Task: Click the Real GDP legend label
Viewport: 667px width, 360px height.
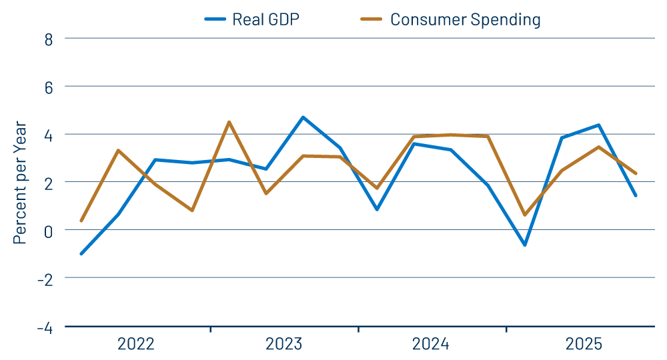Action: tap(265, 19)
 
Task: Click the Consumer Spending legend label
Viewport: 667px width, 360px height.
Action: tap(465, 19)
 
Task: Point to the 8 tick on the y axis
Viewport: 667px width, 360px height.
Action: tap(49, 39)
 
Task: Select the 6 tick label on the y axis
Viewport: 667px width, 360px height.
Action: tap(49, 87)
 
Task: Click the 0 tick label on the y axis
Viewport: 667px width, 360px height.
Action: tap(49, 230)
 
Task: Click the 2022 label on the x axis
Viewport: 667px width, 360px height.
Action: tap(136, 345)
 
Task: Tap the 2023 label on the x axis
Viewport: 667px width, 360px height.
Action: tap(284, 345)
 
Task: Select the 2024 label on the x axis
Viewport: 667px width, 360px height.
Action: tap(431, 345)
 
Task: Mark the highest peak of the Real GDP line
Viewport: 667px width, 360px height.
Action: tap(303, 117)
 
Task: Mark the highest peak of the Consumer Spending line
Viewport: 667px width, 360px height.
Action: tap(229, 122)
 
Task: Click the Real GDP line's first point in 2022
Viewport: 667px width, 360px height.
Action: tap(81, 253)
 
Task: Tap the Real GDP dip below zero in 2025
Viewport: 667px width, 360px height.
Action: tap(525, 245)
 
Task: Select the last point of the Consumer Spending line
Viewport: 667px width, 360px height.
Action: tap(636, 173)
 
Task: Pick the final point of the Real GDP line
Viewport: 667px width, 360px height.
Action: tap(636, 195)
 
